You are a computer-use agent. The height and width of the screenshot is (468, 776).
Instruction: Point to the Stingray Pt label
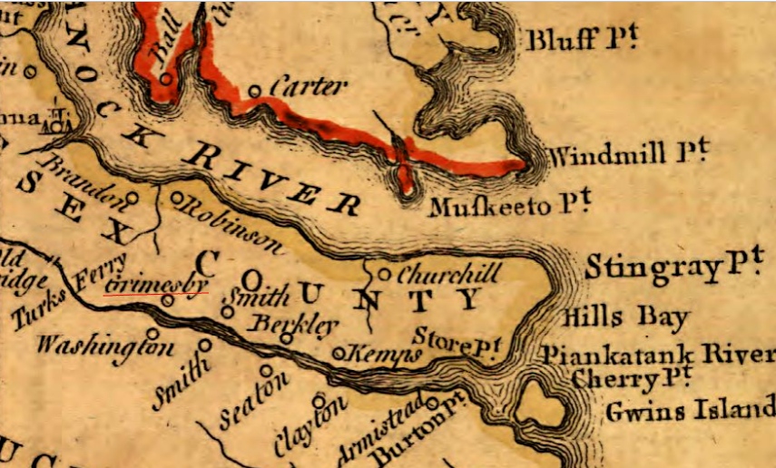click(x=672, y=268)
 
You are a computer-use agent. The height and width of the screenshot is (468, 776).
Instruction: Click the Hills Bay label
click(x=625, y=318)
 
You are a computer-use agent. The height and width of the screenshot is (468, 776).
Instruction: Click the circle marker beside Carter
click(x=255, y=90)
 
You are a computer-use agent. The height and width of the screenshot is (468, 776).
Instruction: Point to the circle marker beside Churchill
click(x=384, y=273)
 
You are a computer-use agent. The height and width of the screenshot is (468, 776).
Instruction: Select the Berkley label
click(x=281, y=324)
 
